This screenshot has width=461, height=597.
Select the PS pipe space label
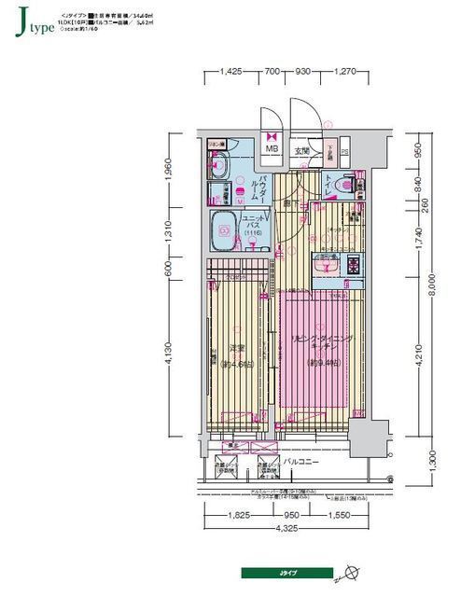344,152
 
